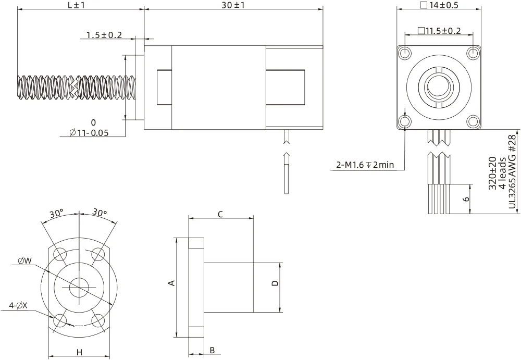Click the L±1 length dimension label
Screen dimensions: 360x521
coord(76,5)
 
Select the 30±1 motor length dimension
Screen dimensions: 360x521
coord(233,5)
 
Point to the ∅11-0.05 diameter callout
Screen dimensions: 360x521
coord(89,132)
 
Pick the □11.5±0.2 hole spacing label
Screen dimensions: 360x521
coord(439,31)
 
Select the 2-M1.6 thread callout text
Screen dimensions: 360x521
coord(365,166)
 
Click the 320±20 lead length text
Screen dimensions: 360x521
coord(492,173)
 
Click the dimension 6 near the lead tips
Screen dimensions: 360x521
coord(466,198)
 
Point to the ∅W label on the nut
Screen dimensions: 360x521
coord(25,260)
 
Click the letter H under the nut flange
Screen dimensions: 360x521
coord(79,352)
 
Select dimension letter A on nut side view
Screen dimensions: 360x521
coord(171,283)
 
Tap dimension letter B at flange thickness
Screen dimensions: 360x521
coord(212,350)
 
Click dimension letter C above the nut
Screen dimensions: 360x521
coord(220,214)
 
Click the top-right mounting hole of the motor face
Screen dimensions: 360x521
coord(473,54)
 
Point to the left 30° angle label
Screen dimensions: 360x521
coord(56,213)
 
